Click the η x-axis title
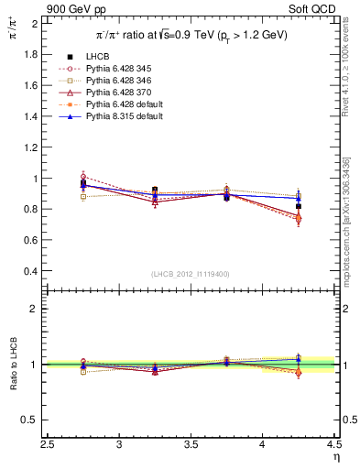coord(336,457)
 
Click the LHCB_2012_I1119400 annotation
coord(190,273)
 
